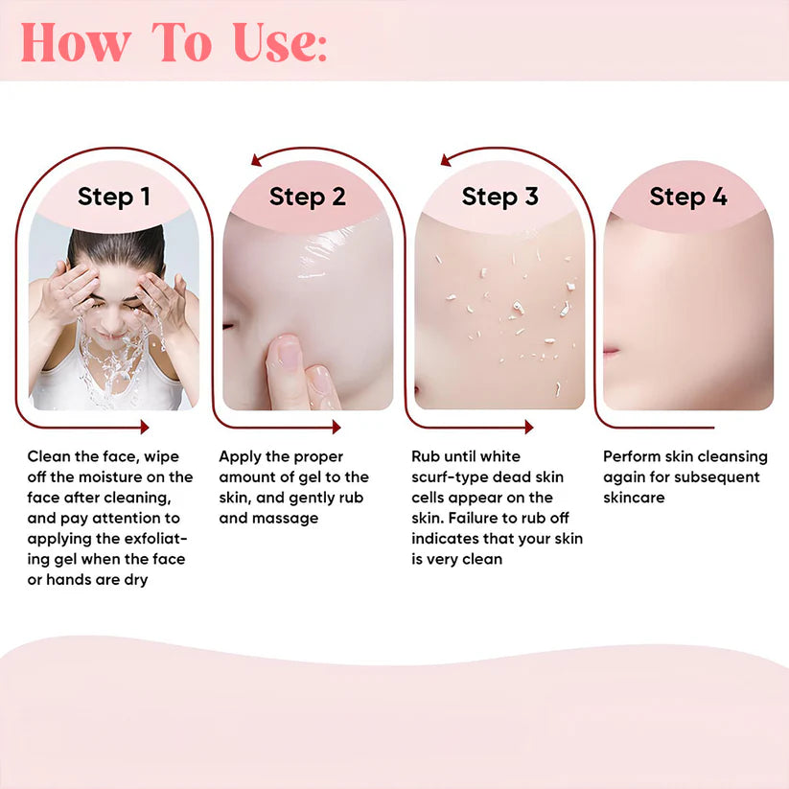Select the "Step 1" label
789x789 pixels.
tap(114, 197)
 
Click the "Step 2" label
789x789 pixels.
tap(307, 197)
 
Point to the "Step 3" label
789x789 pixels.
tap(499, 197)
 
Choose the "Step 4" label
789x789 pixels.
tap(687, 197)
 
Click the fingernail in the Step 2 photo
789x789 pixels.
tap(288, 352)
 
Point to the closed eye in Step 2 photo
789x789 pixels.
tap(230, 327)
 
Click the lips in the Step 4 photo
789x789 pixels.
tap(611, 352)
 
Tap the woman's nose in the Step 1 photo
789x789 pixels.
tap(116, 314)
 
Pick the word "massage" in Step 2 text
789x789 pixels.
tap(284, 518)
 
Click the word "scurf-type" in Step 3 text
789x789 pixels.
tap(450, 476)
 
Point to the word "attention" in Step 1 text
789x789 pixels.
tap(119, 518)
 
